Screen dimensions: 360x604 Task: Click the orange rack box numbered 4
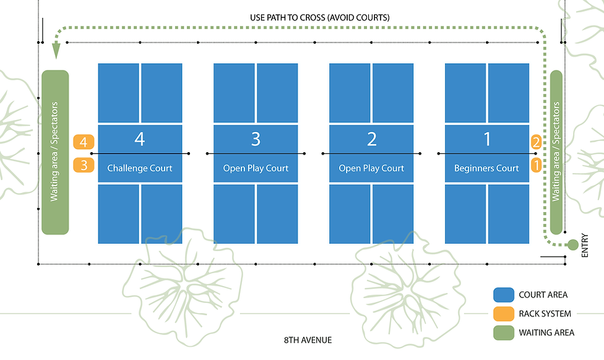pyautogui.click(x=83, y=142)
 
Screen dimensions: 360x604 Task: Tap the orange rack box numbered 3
pyautogui.click(x=83, y=165)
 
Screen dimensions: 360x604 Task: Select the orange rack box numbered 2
pyautogui.click(x=536, y=142)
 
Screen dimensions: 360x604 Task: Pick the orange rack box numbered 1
pyautogui.click(x=536, y=165)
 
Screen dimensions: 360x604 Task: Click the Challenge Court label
pyautogui.click(x=140, y=168)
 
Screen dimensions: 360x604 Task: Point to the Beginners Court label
pyautogui.click(x=486, y=168)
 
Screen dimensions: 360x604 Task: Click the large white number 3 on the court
pyautogui.click(x=256, y=139)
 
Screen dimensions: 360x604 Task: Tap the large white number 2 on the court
pyautogui.click(x=371, y=139)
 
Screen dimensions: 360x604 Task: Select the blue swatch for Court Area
pyautogui.click(x=503, y=295)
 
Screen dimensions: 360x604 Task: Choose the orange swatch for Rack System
pyautogui.click(x=503, y=314)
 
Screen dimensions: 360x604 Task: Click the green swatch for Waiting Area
pyautogui.click(x=503, y=332)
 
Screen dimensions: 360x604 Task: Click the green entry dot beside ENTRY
pyautogui.click(x=572, y=244)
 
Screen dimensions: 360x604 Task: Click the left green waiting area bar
pyautogui.click(x=55, y=152)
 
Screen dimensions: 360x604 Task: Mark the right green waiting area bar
pyautogui.click(x=556, y=152)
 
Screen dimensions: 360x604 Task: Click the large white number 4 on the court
pyautogui.click(x=140, y=139)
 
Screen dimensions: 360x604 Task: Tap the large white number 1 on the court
pyautogui.click(x=487, y=139)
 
